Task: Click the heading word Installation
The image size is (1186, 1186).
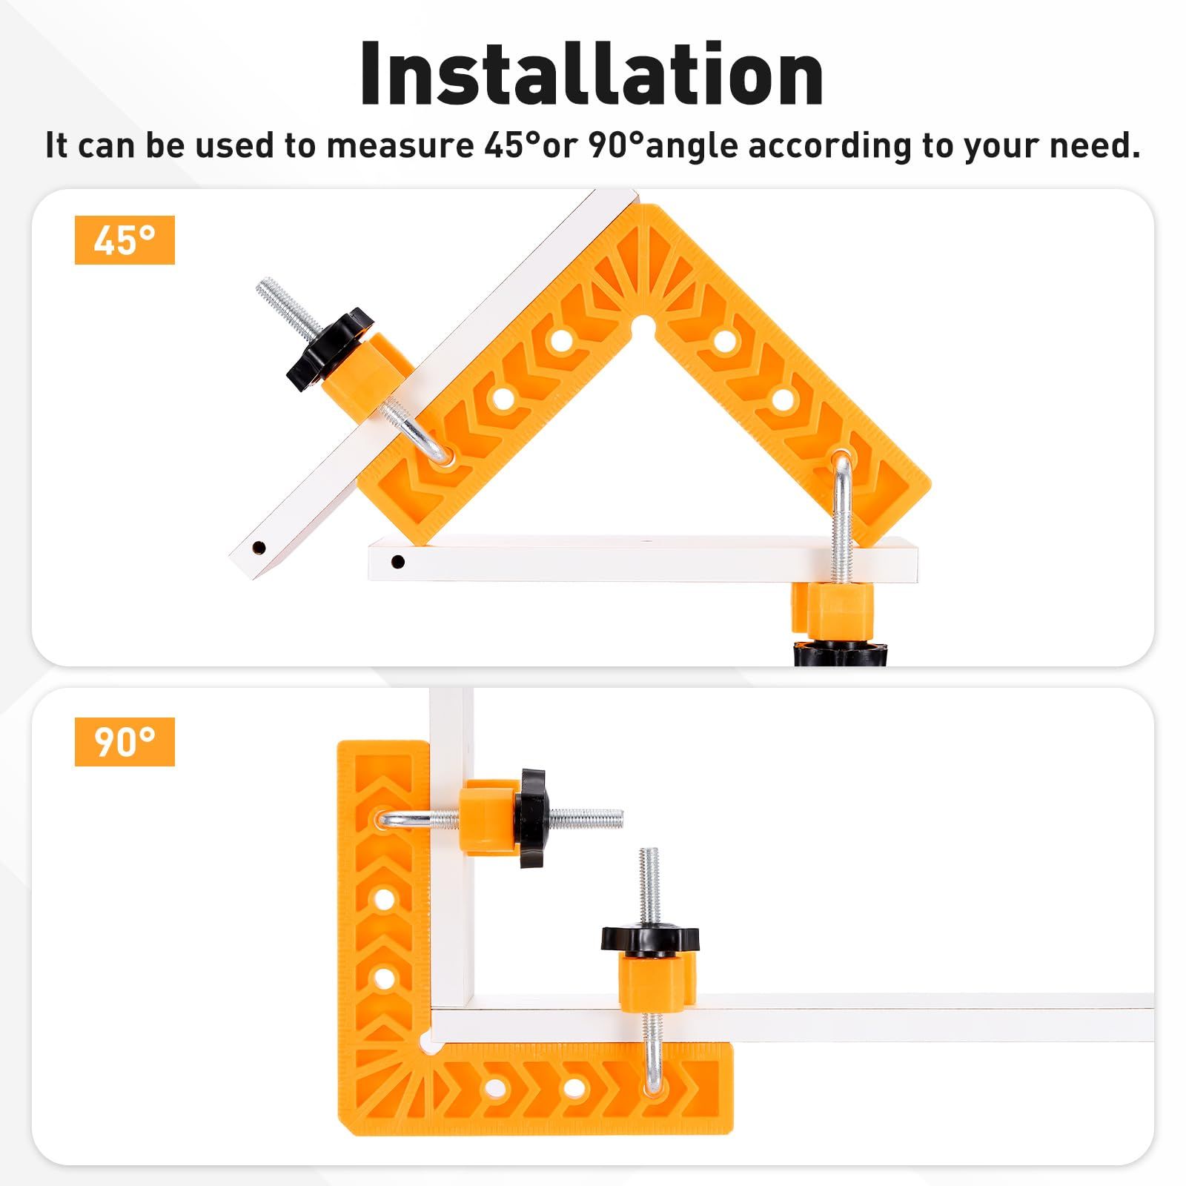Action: [592, 74]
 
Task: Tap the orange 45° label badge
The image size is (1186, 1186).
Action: [125, 240]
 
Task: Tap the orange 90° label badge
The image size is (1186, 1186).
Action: [125, 741]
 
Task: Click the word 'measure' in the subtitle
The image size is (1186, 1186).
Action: [400, 145]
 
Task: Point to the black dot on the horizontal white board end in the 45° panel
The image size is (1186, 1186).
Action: [398, 562]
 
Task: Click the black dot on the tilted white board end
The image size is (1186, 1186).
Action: [258, 549]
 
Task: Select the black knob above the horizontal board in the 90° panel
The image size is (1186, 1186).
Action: [650, 940]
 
